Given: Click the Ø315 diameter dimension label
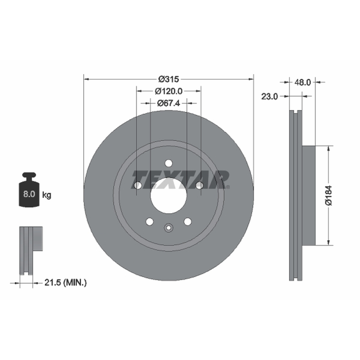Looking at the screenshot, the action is pyautogui.click(x=168, y=79).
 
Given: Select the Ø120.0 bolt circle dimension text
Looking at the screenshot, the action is pyautogui.click(x=168, y=91).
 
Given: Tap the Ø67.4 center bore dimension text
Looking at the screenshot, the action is pyautogui.click(x=168, y=103).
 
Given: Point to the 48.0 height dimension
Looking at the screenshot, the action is pyautogui.click(x=302, y=82).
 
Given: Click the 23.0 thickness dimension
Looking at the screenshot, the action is pyautogui.click(x=270, y=96).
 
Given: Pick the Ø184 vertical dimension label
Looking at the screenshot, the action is pyautogui.click(x=328, y=195).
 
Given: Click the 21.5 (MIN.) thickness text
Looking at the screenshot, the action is pyautogui.click(x=65, y=283).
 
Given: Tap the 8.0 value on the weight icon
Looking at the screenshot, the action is pyautogui.click(x=29, y=194).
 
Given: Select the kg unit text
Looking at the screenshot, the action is pyautogui.click(x=47, y=195).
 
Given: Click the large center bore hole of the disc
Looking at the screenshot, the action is pyautogui.click(x=168, y=196).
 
